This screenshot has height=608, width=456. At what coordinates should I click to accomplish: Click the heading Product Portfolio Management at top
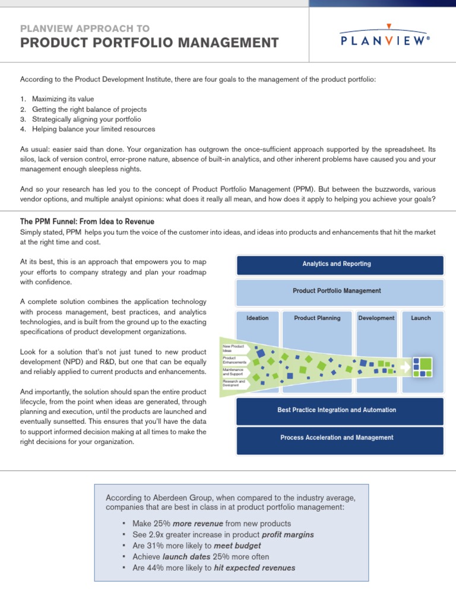pyautogui.click(x=149, y=43)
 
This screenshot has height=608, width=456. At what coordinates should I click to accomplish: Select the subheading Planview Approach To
pyautogui.click(x=85, y=28)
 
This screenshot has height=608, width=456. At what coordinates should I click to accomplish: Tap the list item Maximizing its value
pyautogui.click(x=63, y=99)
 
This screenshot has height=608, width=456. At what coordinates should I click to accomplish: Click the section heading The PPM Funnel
pyautogui.click(x=87, y=221)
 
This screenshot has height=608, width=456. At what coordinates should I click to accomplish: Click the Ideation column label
pyautogui.click(x=257, y=318)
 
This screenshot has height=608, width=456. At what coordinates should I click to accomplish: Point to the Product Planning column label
pyautogui.click(x=317, y=318)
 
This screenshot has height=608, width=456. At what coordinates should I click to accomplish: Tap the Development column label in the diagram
pyautogui.click(x=376, y=318)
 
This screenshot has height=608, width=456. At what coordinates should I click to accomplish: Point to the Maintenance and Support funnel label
pyautogui.click(x=232, y=372)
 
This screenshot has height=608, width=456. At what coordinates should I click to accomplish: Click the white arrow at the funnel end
pyautogui.click(x=406, y=368)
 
